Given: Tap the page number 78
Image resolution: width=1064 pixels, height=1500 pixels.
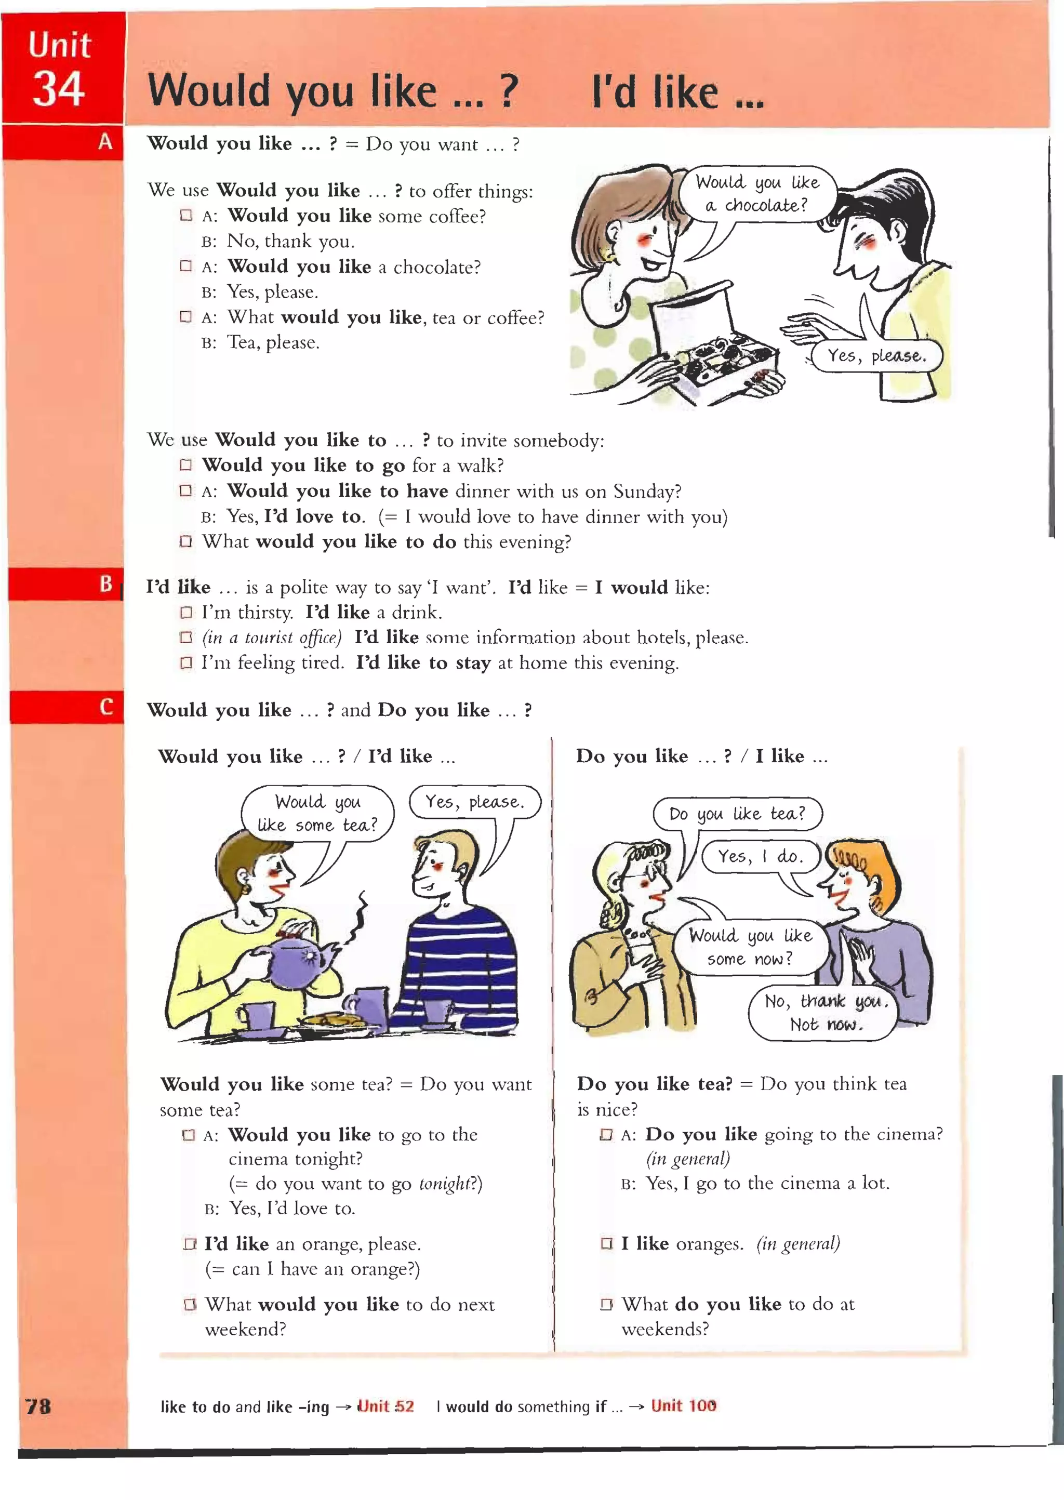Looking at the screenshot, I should pyautogui.click(x=38, y=1405).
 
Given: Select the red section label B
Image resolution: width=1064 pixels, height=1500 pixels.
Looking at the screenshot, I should pyautogui.click(x=105, y=583).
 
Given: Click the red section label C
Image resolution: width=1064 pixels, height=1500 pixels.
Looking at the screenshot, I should pyautogui.click(x=106, y=707).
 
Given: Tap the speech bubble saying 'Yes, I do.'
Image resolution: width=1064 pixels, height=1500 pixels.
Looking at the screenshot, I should pyautogui.click(x=760, y=857).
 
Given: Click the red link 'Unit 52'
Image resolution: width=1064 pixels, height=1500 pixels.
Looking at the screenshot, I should pyautogui.click(x=385, y=1406).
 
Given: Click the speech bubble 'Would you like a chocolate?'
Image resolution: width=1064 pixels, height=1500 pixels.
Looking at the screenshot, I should pyautogui.click(x=757, y=194).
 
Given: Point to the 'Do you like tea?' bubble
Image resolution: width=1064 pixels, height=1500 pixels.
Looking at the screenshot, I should pyautogui.click(x=737, y=814).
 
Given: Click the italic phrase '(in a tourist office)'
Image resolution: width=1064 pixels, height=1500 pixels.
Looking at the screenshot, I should pyautogui.click(x=272, y=638).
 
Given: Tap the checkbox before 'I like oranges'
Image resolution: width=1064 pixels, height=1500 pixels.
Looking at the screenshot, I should pyautogui.click(x=606, y=1243).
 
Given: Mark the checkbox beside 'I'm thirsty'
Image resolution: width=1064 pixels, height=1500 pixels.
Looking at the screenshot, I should pyautogui.click(x=186, y=613).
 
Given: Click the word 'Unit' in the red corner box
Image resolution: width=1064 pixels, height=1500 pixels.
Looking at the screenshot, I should pyautogui.click(x=59, y=46).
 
